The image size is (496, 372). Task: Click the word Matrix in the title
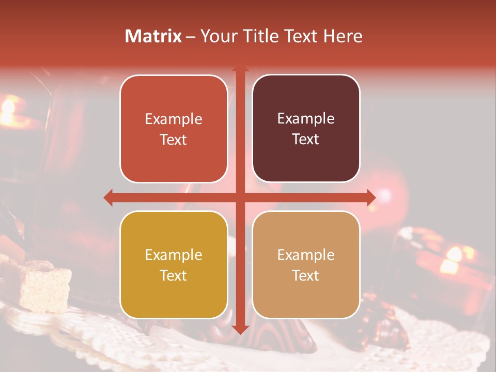click(153, 36)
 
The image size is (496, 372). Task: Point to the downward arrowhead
click(240, 329)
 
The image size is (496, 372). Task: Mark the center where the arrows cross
click(240, 197)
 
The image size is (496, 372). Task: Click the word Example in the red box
click(174, 119)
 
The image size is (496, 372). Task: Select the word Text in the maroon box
click(306, 139)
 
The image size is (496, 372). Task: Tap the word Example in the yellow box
click(174, 255)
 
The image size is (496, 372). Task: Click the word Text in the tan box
click(306, 275)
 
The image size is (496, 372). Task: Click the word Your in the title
click(216, 36)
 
